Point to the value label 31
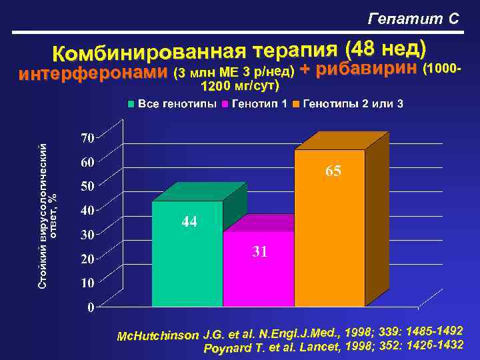point(260,252)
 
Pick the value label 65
point(333,171)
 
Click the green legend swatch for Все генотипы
point(132,104)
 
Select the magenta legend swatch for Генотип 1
point(226,104)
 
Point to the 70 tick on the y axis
point(87,138)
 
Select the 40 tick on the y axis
point(87,211)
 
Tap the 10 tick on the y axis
point(87,283)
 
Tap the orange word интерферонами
point(93,73)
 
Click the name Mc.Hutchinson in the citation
point(157,334)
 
